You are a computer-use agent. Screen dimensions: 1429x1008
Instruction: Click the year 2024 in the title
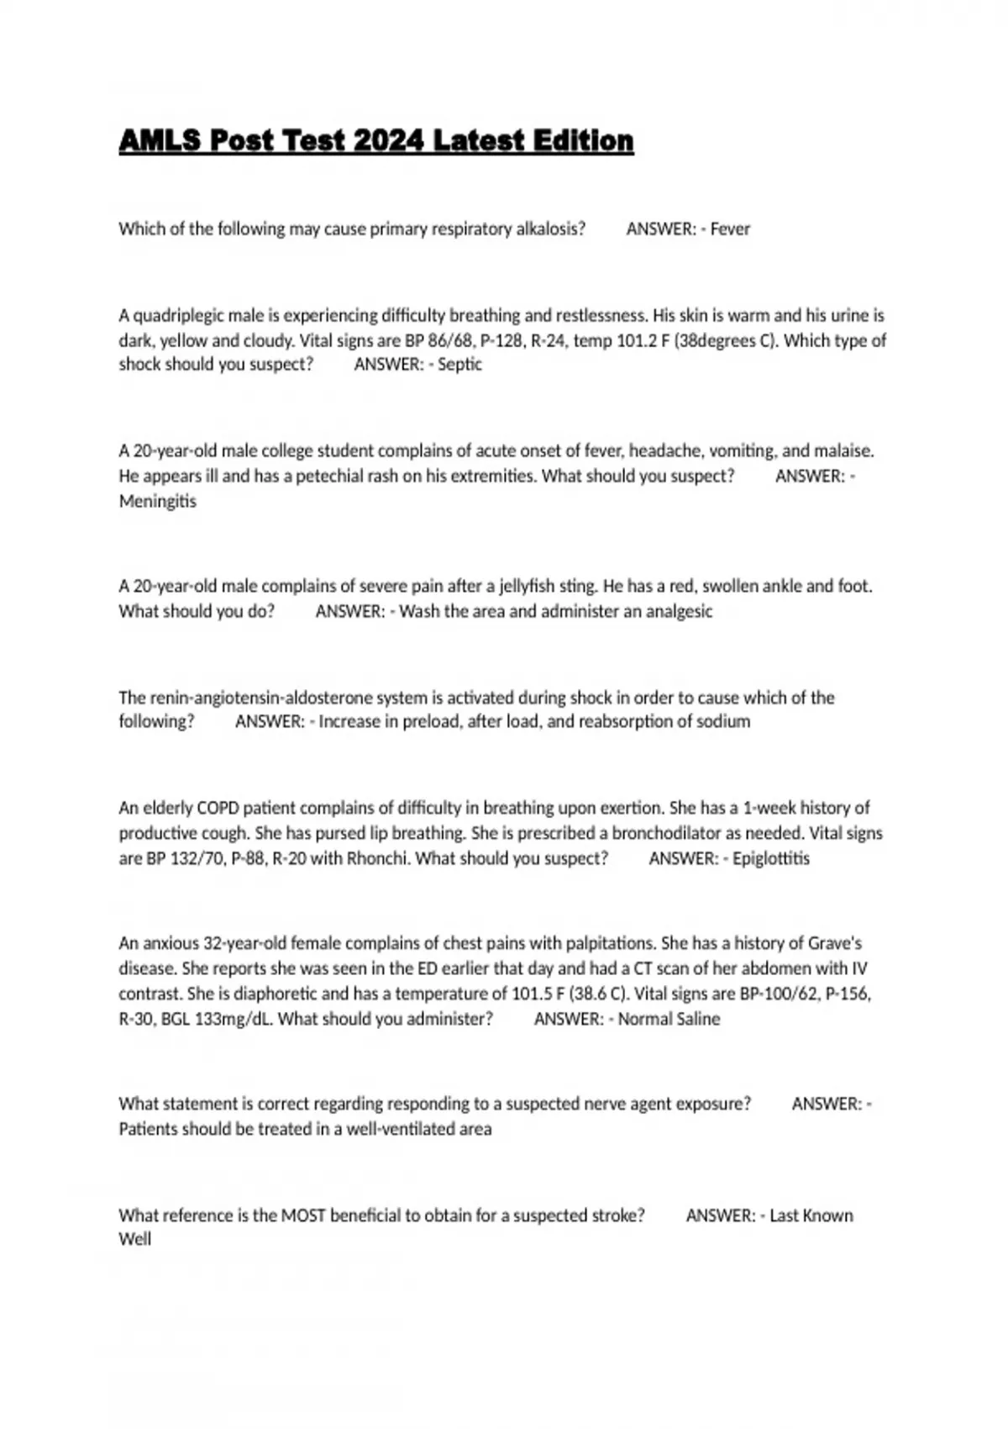tap(388, 140)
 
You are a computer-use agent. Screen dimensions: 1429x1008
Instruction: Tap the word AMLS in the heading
tap(160, 140)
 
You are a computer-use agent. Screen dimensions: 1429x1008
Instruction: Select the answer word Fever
tap(730, 229)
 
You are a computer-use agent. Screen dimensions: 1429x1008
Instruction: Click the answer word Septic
tap(459, 364)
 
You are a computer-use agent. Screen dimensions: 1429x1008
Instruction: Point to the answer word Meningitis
tap(157, 501)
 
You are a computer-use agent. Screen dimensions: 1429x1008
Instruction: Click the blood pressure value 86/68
tap(454, 340)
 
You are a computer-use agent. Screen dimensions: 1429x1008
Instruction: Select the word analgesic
tap(679, 611)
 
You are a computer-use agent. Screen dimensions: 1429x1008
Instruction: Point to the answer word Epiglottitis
tap(771, 858)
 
